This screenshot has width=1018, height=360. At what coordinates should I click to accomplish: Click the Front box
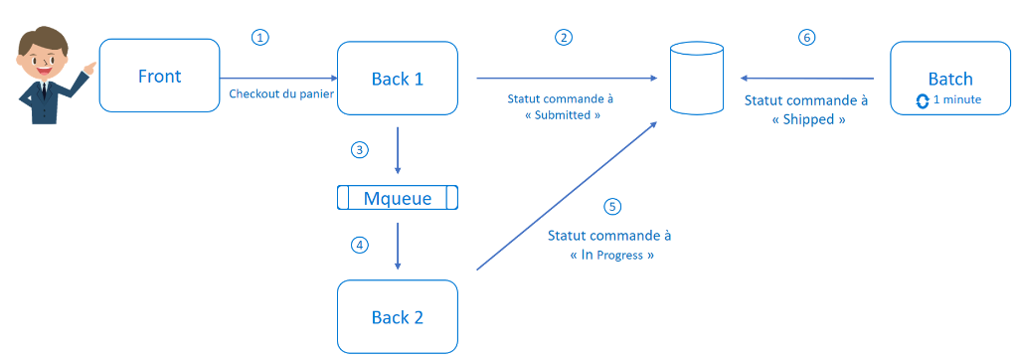(x=159, y=76)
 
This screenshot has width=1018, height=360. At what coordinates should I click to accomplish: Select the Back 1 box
(x=398, y=78)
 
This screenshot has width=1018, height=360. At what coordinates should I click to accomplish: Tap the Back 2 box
(x=398, y=316)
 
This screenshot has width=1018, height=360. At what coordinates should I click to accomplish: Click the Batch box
(x=949, y=78)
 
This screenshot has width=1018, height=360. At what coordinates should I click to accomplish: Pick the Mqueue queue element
(x=398, y=198)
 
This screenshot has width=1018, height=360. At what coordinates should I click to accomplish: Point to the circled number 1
(x=260, y=37)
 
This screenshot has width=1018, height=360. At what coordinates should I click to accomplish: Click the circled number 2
(x=564, y=37)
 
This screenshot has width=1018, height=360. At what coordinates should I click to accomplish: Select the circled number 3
(x=360, y=150)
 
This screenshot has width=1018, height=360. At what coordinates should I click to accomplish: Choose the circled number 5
(x=612, y=207)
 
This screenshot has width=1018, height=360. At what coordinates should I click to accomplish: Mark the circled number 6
(x=806, y=37)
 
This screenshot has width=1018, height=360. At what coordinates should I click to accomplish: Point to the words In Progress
(x=611, y=255)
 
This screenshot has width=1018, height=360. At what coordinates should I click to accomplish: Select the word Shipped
(x=806, y=118)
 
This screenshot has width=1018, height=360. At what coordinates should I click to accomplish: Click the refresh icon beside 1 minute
(x=922, y=100)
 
